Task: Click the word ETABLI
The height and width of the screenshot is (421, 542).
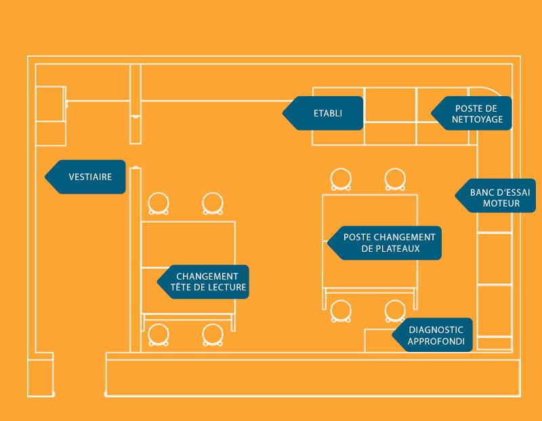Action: point(327,113)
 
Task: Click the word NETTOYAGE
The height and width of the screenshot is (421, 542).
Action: point(478,119)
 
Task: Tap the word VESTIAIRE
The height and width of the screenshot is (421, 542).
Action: point(90,177)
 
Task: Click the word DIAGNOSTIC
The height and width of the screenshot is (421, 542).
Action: point(436,330)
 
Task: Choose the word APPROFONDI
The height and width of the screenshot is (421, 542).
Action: point(436,342)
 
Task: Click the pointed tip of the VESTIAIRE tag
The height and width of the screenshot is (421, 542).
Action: point(45,177)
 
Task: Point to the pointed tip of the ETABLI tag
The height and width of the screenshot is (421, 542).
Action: point(283,113)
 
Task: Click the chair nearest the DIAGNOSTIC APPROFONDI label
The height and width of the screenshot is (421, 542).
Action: point(396,310)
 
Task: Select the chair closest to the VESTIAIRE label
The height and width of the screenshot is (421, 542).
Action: point(159,202)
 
